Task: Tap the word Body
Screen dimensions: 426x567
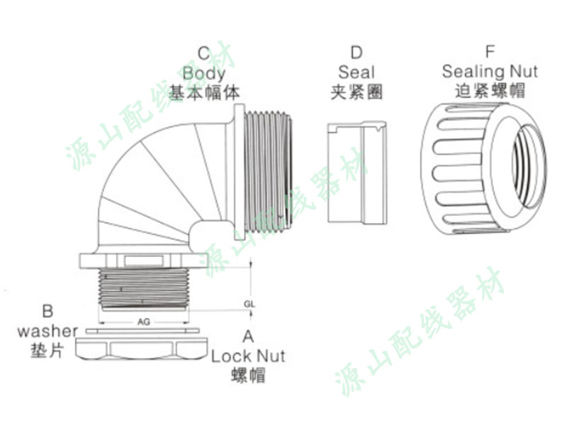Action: [204, 72]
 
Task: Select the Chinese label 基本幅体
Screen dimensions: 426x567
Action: [204, 92]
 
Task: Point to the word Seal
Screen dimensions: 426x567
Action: [357, 72]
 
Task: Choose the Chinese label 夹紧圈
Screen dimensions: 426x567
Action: [357, 92]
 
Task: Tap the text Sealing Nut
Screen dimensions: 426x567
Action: [490, 72]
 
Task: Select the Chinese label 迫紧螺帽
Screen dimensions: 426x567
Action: [490, 92]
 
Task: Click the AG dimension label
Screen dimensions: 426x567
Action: [143, 322]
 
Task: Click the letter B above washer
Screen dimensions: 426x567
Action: [47, 311]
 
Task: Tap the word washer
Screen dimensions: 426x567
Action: [47, 330]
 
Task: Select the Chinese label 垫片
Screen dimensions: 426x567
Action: [47, 350]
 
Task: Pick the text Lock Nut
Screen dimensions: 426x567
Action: [248, 355]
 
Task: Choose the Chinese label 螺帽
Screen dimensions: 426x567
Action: [248, 375]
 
